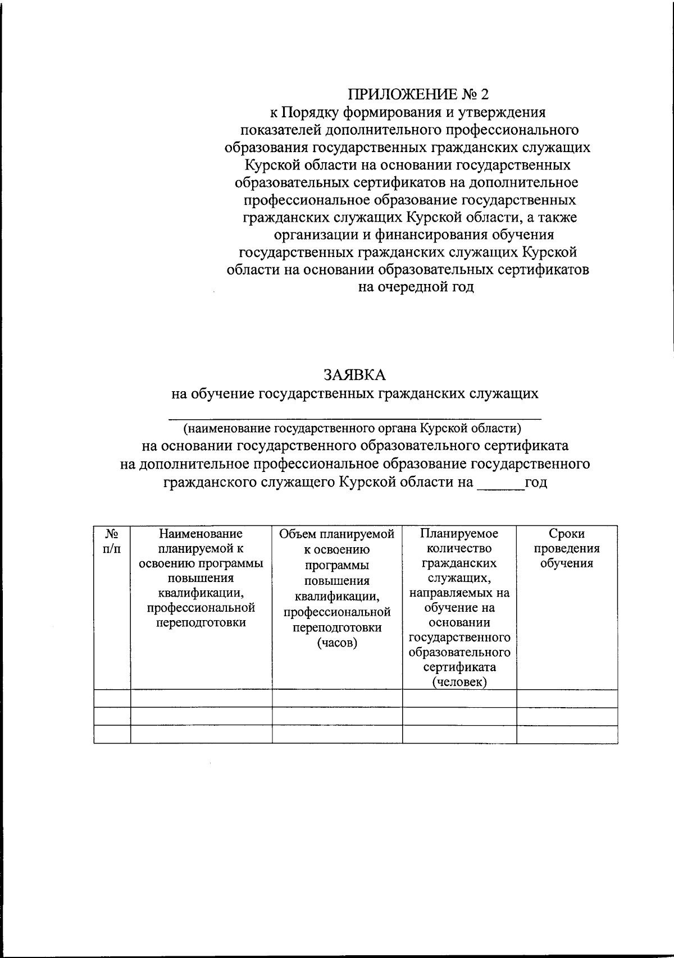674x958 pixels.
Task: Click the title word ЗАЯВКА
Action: point(354,374)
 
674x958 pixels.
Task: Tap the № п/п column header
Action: point(112,541)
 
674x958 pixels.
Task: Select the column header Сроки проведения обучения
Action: point(567,548)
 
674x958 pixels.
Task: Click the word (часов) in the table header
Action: point(337,643)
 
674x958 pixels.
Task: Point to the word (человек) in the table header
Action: point(459,682)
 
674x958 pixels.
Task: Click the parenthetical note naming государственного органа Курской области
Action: point(352,428)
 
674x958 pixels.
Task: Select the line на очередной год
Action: point(416,287)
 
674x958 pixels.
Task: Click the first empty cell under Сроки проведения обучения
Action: point(567,699)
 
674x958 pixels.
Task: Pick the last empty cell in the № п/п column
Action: point(112,735)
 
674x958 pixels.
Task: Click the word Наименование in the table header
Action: point(201,534)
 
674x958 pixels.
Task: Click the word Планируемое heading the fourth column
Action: point(459,534)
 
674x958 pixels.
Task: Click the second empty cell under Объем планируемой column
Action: point(337,717)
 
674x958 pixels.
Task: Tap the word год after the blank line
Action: point(536,482)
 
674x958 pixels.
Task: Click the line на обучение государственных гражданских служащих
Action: point(354,393)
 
